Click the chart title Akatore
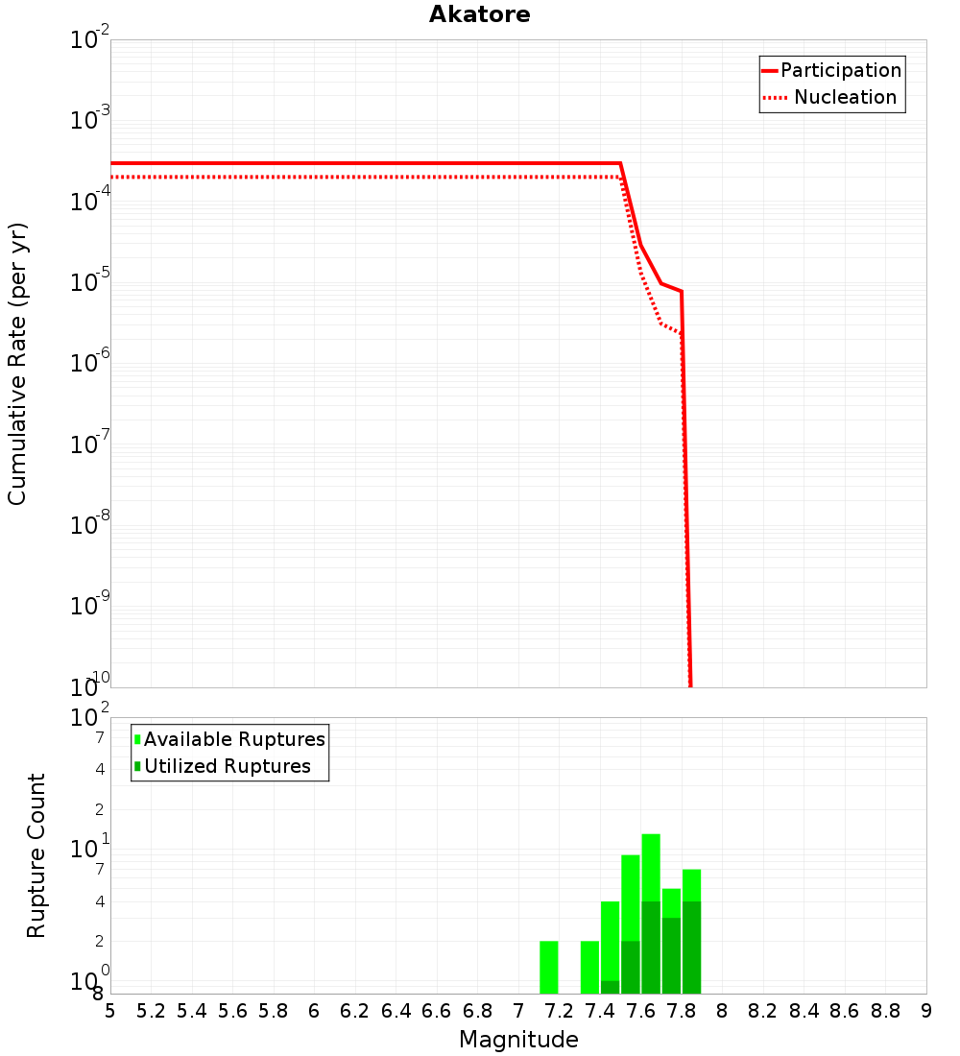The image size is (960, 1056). (479, 14)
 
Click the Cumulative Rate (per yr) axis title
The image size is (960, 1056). (17, 364)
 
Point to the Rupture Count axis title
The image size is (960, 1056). (36, 855)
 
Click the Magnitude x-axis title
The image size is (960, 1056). (518, 1040)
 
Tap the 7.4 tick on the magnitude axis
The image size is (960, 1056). (600, 1011)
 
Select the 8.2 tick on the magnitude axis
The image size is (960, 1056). (763, 1011)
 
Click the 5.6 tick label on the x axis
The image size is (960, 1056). (232, 1011)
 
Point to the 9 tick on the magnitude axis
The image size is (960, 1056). (925, 1011)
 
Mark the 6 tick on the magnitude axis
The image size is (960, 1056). (314, 1011)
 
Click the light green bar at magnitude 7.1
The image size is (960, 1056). (549, 967)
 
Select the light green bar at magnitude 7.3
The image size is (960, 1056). (589, 967)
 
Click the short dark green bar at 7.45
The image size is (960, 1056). (610, 987)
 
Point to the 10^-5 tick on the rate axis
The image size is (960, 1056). (90, 282)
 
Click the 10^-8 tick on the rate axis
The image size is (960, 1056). (90, 525)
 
